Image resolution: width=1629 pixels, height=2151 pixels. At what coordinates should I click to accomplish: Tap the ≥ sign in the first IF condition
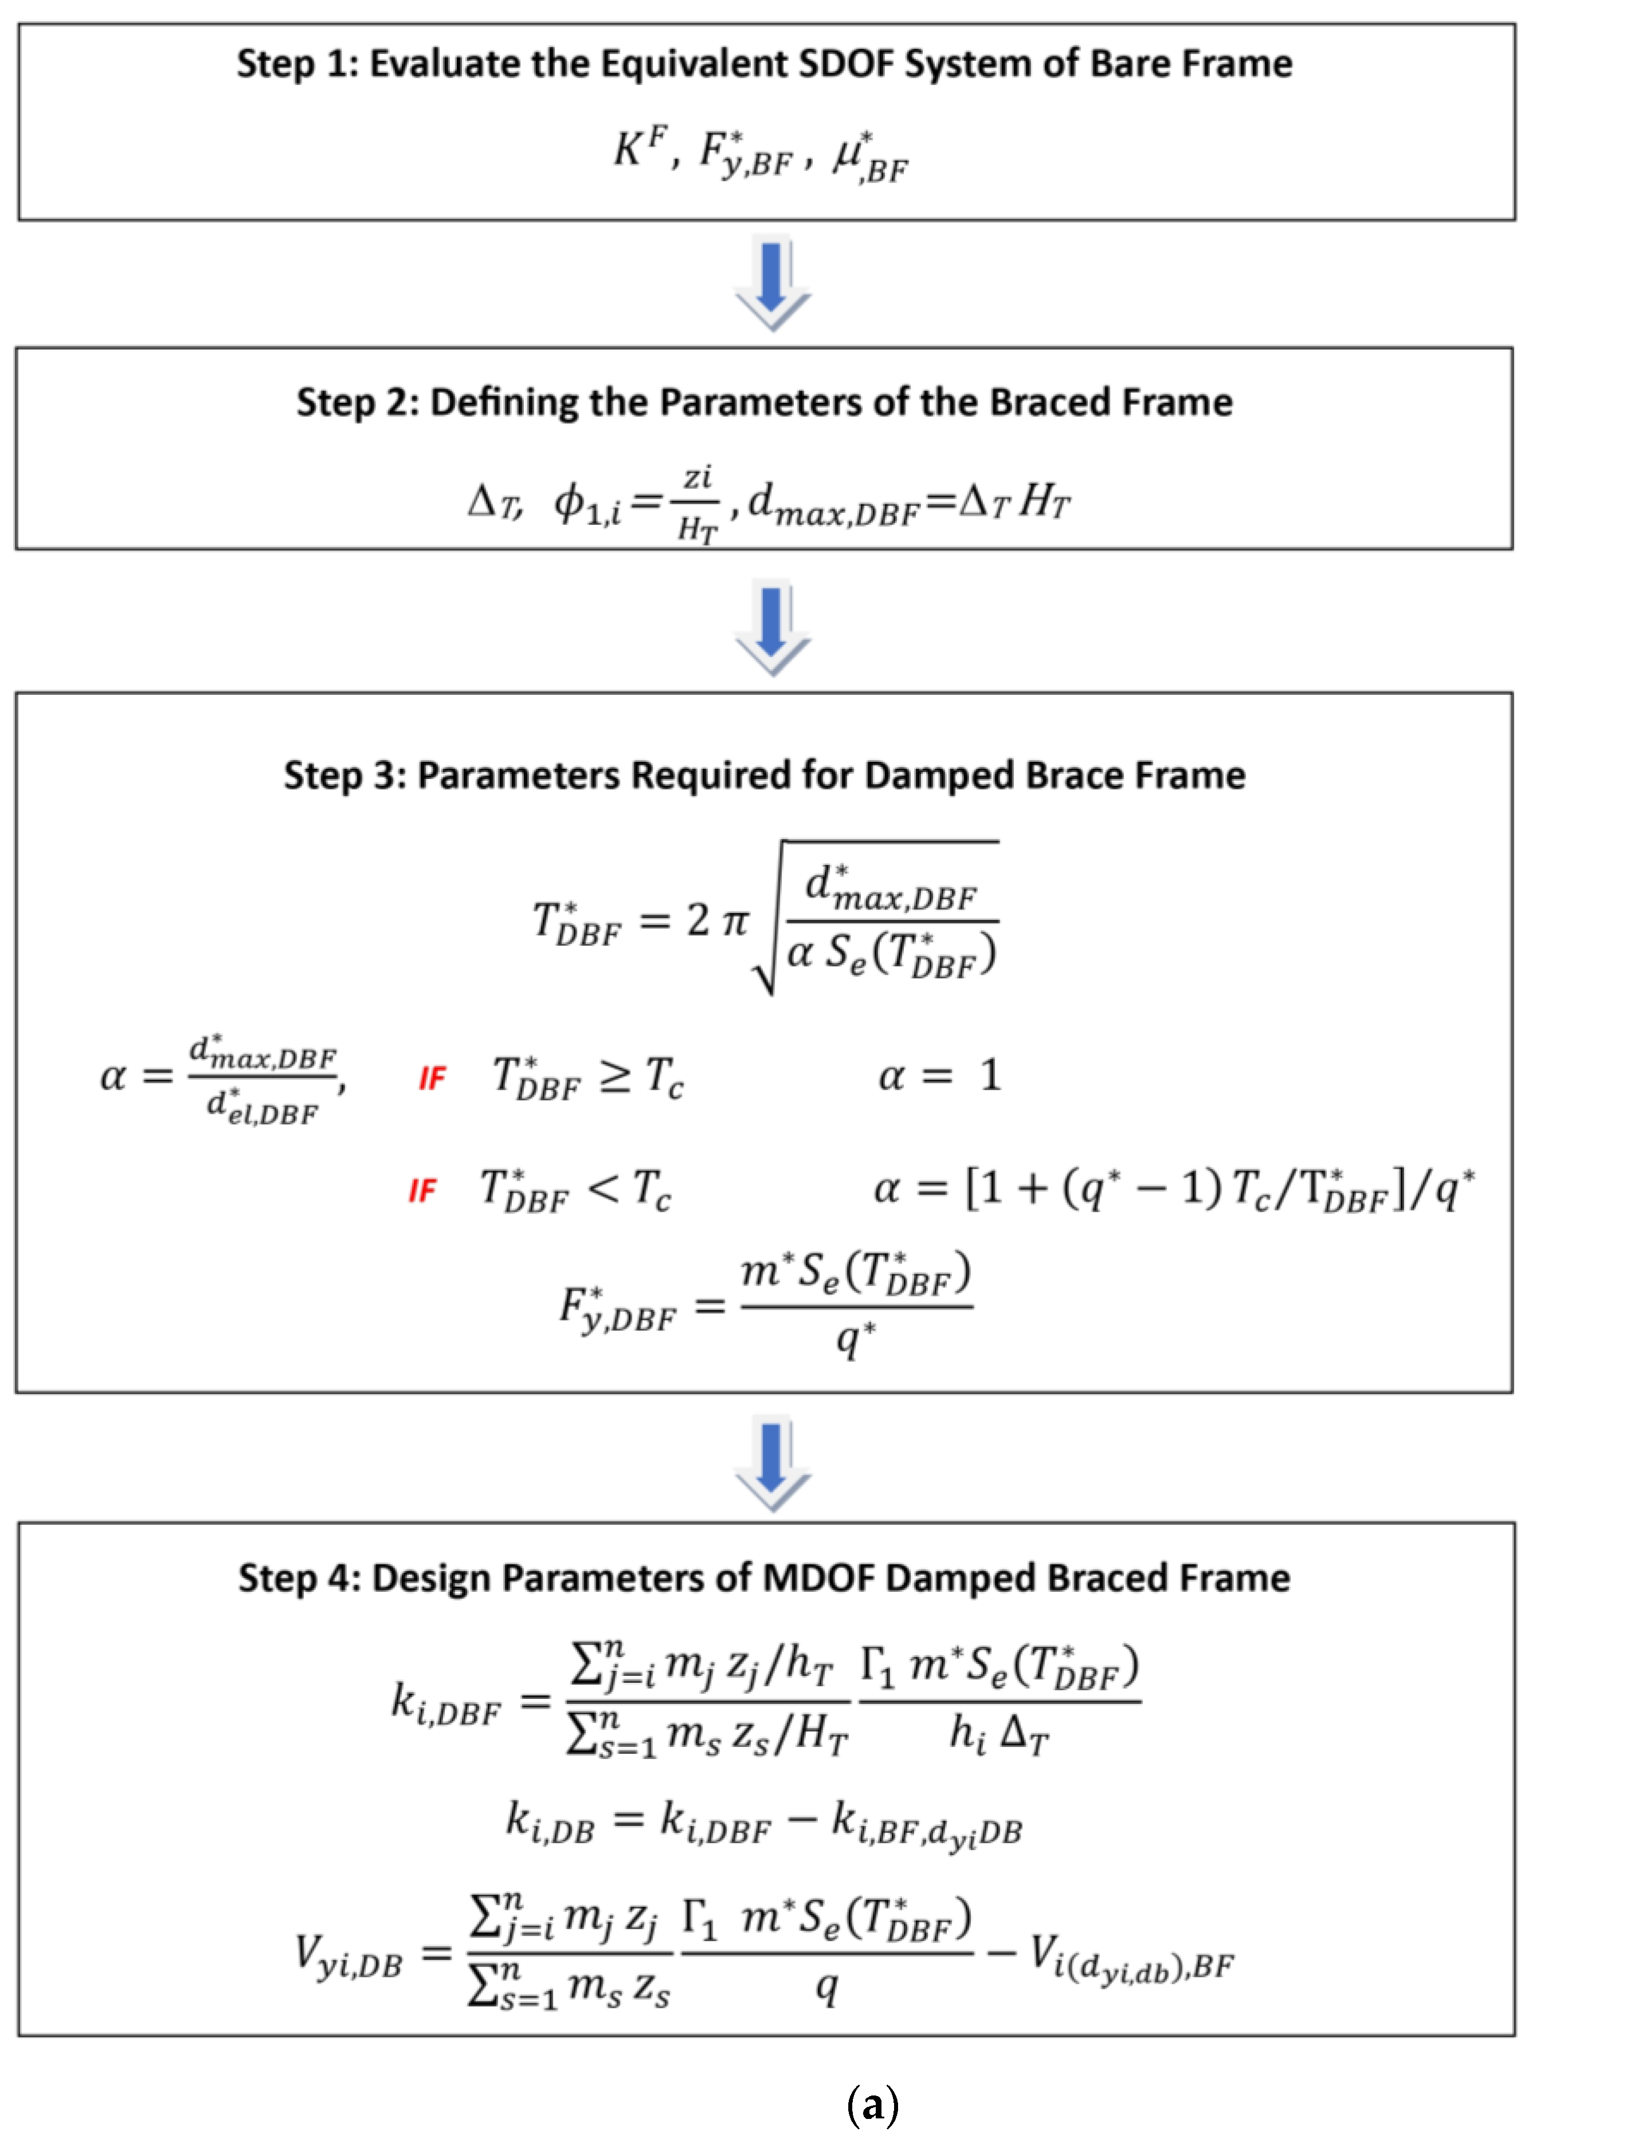click(615, 1075)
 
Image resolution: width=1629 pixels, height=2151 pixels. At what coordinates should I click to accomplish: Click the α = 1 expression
click(939, 1075)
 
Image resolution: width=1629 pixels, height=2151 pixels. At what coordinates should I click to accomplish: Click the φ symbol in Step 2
click(570, 502)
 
